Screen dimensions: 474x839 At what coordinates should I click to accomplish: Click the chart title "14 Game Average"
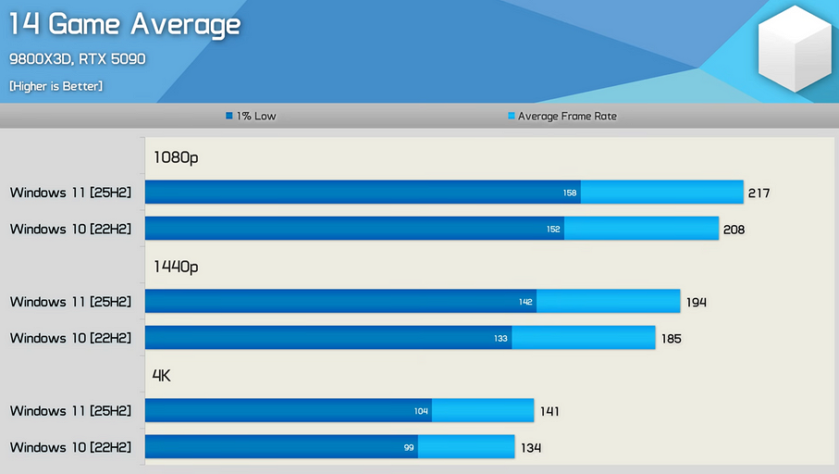coord(125,25)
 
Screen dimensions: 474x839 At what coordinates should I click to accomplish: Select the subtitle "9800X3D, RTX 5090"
coord(78,59)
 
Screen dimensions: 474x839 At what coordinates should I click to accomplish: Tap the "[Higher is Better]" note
coord(56,86)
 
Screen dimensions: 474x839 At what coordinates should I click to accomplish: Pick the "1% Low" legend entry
coord(251,117)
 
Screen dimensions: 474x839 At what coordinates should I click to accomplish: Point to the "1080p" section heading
coord(176,157)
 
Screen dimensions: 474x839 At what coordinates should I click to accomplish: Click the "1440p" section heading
coord(176,267)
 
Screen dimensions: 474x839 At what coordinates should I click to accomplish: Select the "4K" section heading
coord(162,376)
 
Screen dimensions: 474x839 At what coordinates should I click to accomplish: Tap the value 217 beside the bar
coord(759,193)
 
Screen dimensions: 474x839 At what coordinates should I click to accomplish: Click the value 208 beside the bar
coord(734,230)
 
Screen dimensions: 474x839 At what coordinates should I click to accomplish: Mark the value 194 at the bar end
coord(697,303)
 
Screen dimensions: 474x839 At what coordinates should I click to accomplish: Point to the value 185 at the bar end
coord(672,339)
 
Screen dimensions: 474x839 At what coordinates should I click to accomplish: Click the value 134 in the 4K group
coord(530,448)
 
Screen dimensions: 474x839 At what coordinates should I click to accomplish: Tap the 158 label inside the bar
coord(570,193)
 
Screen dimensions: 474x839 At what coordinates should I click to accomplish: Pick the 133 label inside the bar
coord(500,339)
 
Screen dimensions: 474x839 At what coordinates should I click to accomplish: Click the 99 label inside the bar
coord(409,448)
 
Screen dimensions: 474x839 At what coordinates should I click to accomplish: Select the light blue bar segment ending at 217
coord(661,193)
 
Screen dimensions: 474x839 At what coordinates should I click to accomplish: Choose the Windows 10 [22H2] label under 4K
coord(71,447)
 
